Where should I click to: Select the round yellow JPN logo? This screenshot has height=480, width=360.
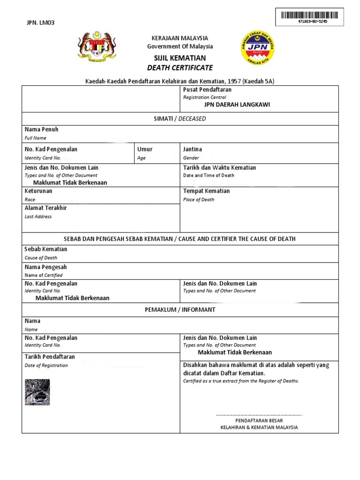pyautogui.click(x=257, y=47)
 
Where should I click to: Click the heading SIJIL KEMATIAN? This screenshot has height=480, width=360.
pyautogui.click(x=180, y=58)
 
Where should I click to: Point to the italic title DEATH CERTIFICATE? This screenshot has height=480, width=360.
pyautogui.click(x=180, y=68)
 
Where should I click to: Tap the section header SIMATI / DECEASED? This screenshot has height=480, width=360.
pyautogui.click(x=180, y=119)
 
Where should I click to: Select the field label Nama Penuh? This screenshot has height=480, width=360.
pyautogui.click(x=41, y=129)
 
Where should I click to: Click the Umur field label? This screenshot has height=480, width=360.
pyautogui.click(x=145, y=149)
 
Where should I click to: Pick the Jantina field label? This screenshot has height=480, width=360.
pyautogui.click(x=192, y=149)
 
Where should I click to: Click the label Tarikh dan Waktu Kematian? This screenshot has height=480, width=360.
pyautogui.click(x=219, y=167)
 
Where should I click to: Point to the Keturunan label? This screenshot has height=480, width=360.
pyautogui.click(x=38, y=191)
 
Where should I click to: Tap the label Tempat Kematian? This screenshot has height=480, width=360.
pyautogui.click(x=206, y=191)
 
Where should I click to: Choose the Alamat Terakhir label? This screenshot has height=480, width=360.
pyautogui.click(x=45, y=208)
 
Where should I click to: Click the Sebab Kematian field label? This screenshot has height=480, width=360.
pyautogui.click(x=46, y=249)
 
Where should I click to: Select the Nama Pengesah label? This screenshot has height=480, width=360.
pyautogui.click(x=45, y=267)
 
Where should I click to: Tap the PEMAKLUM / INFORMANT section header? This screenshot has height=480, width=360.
pyautogui.click(x=180, y=310)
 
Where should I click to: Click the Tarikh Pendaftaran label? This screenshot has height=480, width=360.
pyautogui.click(x=50, y=357)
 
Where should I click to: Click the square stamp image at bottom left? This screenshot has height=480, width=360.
pyautogui.click(x=37, y=392)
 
